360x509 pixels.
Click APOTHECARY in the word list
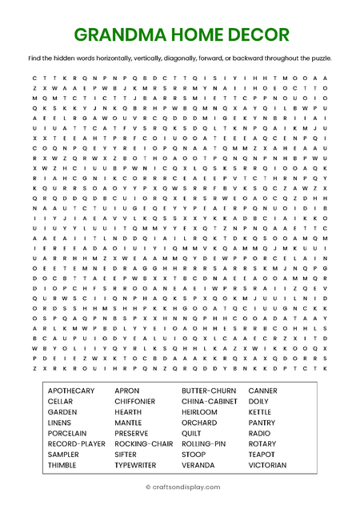tap(71, 391)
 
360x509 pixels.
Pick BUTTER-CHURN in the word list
tap(208, 391)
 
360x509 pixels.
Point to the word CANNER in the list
tap(263, 391)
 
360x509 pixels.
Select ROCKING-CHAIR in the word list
tap(144, 443)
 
